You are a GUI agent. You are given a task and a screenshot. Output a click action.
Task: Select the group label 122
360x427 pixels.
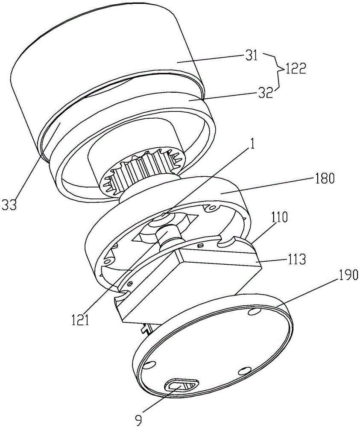pyautogui.click(x=295, y=68)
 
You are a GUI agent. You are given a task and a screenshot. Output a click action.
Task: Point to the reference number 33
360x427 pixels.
pyautogui.click(x=9, y=205)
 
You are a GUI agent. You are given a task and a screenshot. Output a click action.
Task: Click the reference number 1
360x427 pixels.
pyautogui.click(x=252, y=144)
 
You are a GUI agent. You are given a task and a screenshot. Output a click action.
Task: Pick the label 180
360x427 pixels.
pyautogui.click(x=323, y=178)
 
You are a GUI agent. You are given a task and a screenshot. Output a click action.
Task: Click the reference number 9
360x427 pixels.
pyautogui.click(x=139, y=421)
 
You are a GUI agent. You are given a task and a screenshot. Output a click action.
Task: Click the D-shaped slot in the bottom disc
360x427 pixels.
pyautogui.click(x=181, y=385)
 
